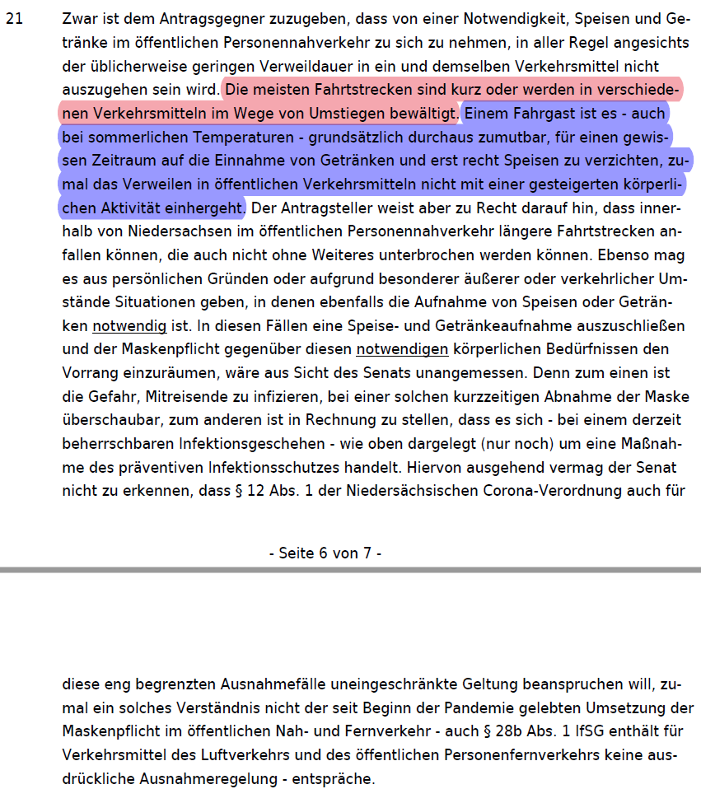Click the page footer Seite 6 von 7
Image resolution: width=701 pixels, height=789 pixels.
(x=325, y=553)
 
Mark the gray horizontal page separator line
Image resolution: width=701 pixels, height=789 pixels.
(x=350, y=569)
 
